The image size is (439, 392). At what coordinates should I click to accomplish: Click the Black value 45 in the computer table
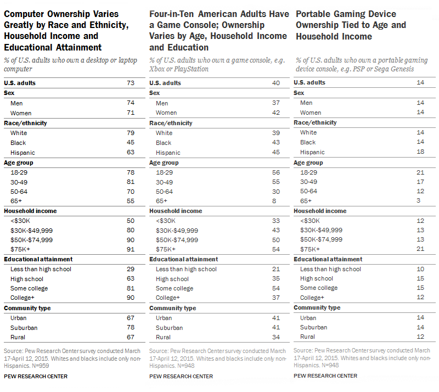[131, 142]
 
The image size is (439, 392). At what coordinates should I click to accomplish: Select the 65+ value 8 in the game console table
[277, 201]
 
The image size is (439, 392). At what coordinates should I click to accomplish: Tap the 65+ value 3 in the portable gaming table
[421, 201]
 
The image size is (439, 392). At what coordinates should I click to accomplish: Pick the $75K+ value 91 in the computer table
[131, 249]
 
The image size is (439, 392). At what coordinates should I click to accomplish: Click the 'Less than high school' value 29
[131, 269]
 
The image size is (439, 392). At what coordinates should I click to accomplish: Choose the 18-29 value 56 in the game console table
[275, 172]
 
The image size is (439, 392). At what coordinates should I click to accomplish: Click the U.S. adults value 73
[131, 83]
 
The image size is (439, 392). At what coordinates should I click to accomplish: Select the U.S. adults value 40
[275, 83]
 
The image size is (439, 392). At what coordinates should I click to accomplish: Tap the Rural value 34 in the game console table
[275, 337]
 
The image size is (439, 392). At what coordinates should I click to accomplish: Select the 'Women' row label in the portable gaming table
[311, 113]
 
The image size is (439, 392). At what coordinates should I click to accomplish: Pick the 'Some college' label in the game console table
[175, 288]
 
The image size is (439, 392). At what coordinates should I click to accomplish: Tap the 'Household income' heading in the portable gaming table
[320, 211]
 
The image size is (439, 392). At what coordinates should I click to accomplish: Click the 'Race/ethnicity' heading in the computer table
[26, 122]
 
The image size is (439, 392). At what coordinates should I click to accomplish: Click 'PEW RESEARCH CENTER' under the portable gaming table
[326, 376]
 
